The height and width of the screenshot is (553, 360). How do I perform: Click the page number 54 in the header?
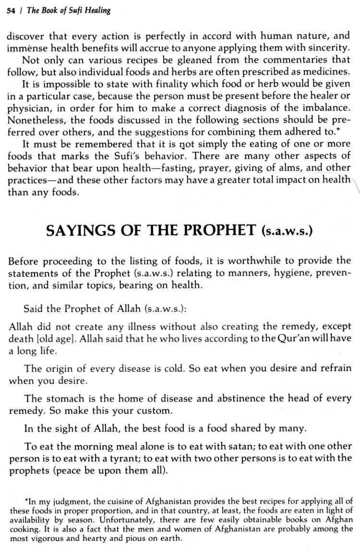coord(11,11)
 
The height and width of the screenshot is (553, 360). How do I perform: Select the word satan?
coord(184,447)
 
